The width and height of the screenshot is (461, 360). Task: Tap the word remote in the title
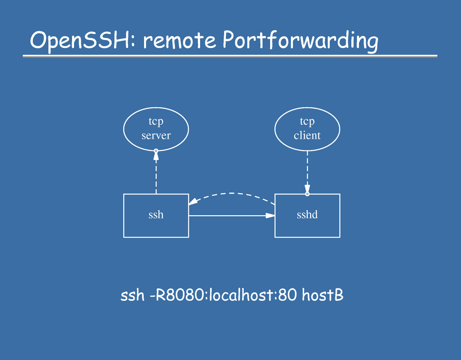pyautogui.click(x=179, y=40)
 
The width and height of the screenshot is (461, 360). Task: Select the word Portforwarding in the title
pyautogui.click(x=300, y=41)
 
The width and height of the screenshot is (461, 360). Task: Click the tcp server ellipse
pyautogui.click(x=156, y=129)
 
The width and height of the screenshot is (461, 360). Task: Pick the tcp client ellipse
pyautogui.click(x=307, y=129)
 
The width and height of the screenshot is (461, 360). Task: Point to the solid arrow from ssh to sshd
pyautogui.click(x=228, y=216)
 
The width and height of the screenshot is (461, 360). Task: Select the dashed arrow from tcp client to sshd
pyautogui.click(x=307, y=170)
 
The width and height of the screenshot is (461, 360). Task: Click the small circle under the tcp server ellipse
pyautogui.click(x=156, y=151)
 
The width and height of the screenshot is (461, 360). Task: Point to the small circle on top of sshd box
pyautogui.click(x=307, y=194)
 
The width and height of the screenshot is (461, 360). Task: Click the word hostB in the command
pyautogui.click(x=322, y=296)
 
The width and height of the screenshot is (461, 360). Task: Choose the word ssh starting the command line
pyautogui.click(x=132, y=296)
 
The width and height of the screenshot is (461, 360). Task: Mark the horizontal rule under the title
pyautogui.click(x=230, y=56)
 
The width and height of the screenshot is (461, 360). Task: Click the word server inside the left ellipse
pyautogui.click(x=156, y=136)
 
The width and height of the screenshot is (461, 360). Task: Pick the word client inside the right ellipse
pyautogui.click(x=307, y=136)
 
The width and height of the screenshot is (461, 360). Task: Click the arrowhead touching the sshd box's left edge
pyautogui.click(x=271, y=216)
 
